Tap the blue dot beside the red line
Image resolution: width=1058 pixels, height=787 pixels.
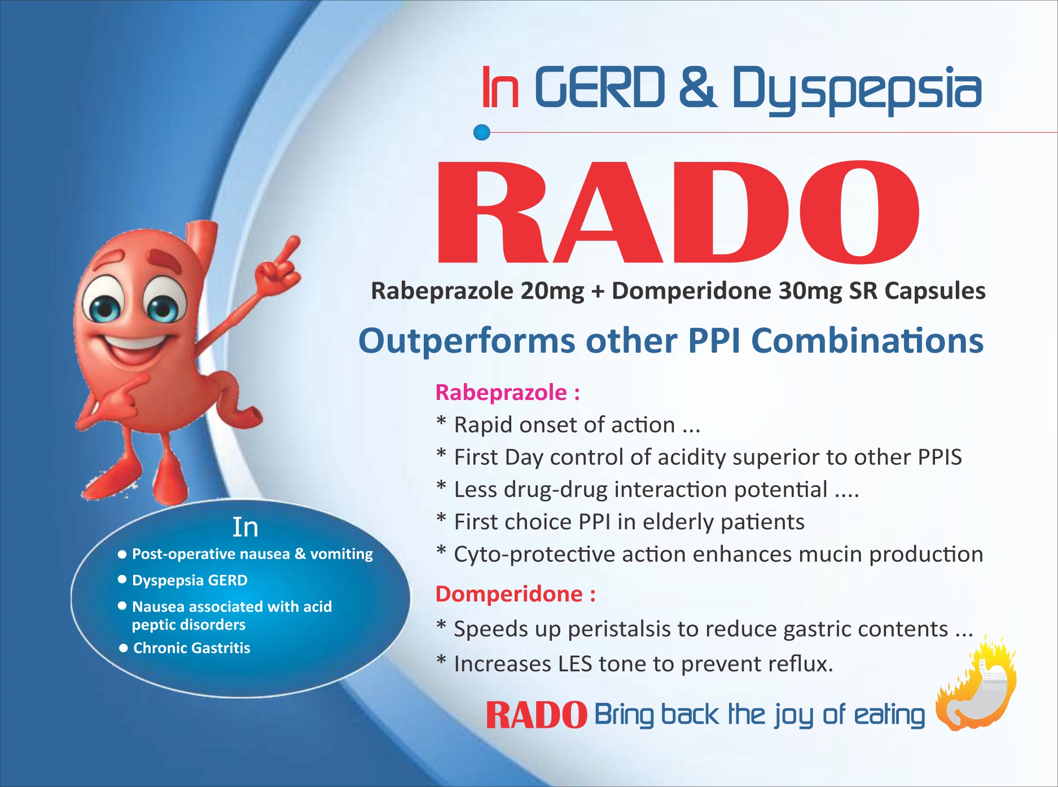tap(482, 133)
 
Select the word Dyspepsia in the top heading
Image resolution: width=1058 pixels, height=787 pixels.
tap(857, 89)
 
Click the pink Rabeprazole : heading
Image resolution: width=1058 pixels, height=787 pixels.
tap(507, 393)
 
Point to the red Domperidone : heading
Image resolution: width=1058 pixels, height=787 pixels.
tap(515, 594)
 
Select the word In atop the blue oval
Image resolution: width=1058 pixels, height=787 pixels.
tap(245, 527)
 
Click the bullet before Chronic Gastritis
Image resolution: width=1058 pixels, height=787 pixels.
tap(124, 648)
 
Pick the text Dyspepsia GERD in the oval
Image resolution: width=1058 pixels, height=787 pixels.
tap(190, 581)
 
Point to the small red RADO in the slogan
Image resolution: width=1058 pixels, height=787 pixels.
tap(536, 715)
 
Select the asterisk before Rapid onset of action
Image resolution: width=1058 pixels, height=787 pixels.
tap(441, 421)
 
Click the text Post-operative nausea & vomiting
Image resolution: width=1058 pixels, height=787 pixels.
tap(252, 554)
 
